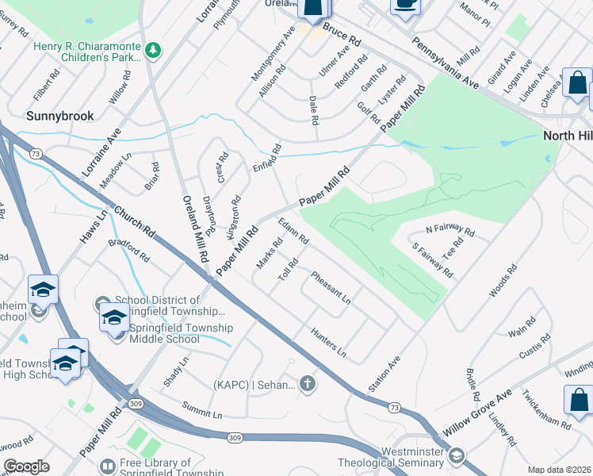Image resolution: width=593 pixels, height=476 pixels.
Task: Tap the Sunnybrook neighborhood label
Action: point(59,116)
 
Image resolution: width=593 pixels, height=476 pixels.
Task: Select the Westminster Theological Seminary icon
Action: point(456,455)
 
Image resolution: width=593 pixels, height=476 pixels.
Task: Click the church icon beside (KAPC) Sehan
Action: point(308,385)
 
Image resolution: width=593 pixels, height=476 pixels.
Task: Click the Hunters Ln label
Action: point(329,340)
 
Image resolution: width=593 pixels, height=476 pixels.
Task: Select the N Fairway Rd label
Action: point(450,231)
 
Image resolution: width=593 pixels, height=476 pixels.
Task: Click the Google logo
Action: point(26,466)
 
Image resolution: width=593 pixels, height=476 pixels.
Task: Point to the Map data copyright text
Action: point(560,469)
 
